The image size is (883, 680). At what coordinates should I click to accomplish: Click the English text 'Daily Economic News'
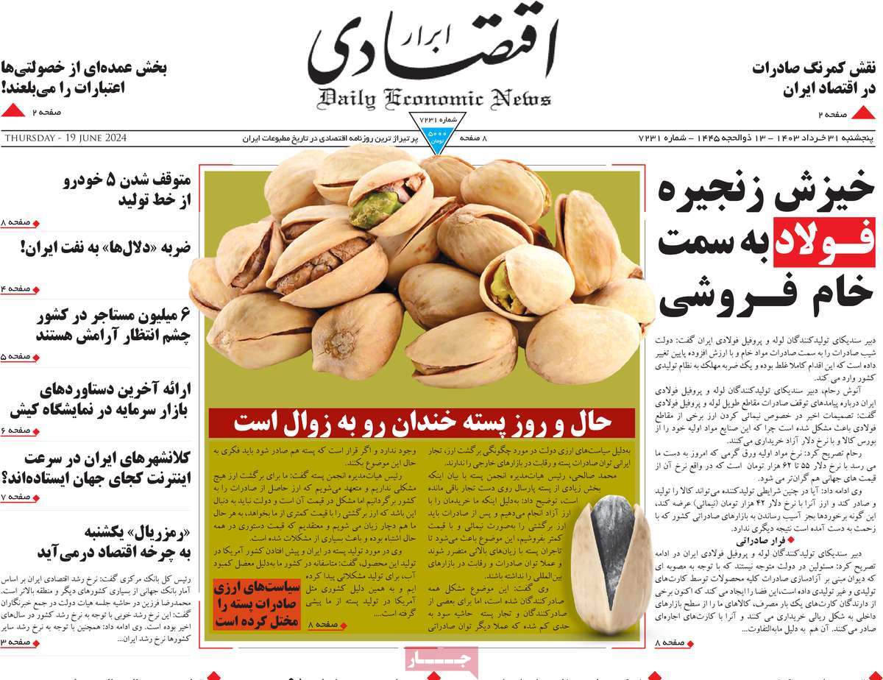(434, 99)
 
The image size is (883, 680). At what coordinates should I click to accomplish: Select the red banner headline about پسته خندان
(422, 422)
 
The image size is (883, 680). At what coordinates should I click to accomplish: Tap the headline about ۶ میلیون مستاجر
(114, 325)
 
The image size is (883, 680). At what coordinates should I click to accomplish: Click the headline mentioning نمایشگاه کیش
(99, 398)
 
